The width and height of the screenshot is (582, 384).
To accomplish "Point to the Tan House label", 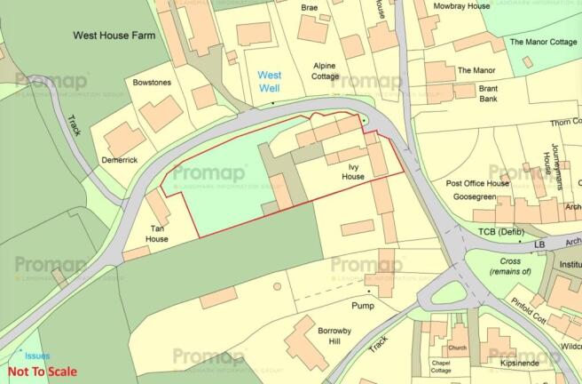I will pos(156,233).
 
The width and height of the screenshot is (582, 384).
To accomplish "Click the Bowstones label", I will pos(151,83).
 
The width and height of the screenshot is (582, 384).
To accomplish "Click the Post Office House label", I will pos(477,183).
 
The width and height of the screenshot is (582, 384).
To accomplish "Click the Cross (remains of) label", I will pos(505,267).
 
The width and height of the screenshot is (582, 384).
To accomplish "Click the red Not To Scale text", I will pos(42,372).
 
